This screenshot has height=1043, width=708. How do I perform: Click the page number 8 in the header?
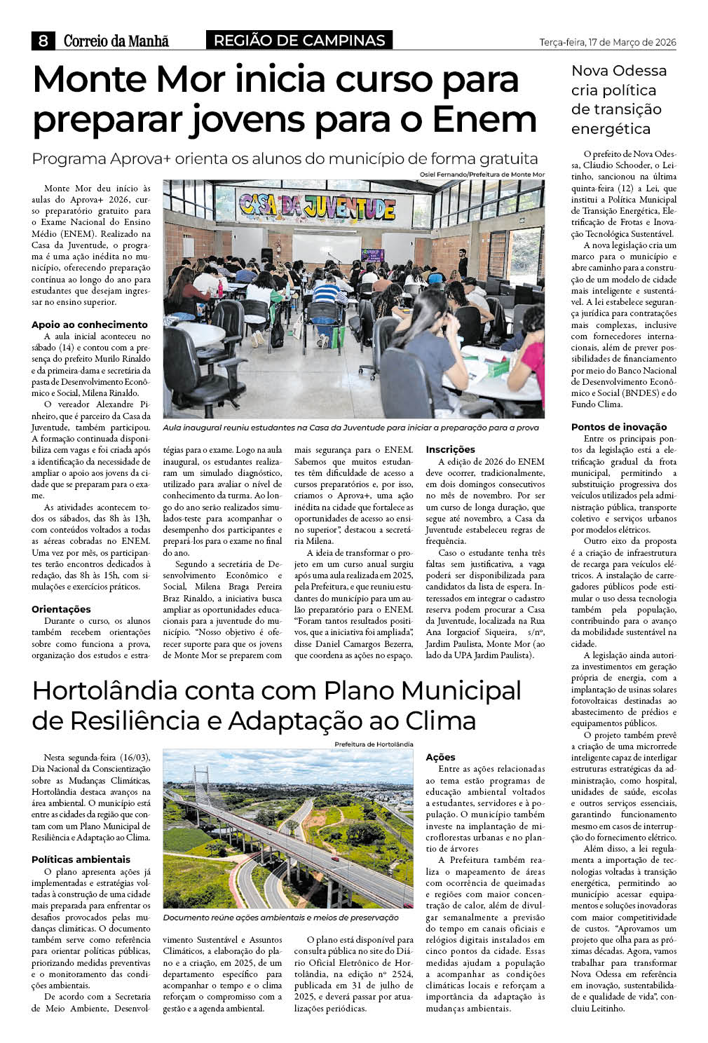(43, 41)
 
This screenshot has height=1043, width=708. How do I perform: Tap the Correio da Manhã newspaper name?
(116, 41)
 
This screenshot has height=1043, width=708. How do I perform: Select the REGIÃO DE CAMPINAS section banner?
(299, 41)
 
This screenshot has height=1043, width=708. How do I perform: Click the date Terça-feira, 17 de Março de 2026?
(608, 43)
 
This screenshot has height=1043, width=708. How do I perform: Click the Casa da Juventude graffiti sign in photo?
(317, 205)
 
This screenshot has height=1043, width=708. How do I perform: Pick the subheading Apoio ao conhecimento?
(90, 325)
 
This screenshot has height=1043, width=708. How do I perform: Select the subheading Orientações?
(61, 609)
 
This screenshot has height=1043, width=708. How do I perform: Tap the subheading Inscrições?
(450, 449)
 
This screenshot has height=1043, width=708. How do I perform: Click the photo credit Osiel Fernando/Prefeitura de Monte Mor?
(482, 174)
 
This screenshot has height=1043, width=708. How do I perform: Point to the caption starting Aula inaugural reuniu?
(350, 428)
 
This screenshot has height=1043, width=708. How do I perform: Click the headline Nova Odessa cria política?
(618, 100)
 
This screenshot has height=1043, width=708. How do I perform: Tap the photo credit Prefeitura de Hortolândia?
(374, 744)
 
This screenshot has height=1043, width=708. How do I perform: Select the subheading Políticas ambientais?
(81, 859)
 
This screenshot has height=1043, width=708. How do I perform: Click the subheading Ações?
(440, 757)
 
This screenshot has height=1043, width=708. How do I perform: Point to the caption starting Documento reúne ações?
(280, 918)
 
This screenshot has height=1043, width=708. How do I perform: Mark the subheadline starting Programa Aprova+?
(285, 158)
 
